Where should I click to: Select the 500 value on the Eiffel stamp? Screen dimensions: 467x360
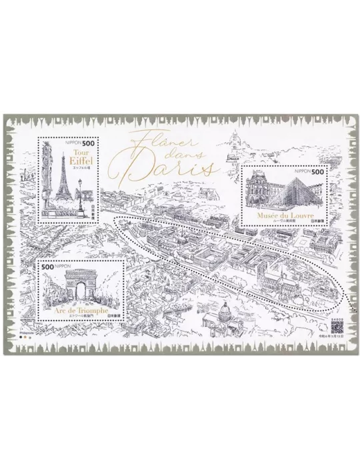tap(89, 141)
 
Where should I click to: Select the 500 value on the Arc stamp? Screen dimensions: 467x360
tap(47, 266)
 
